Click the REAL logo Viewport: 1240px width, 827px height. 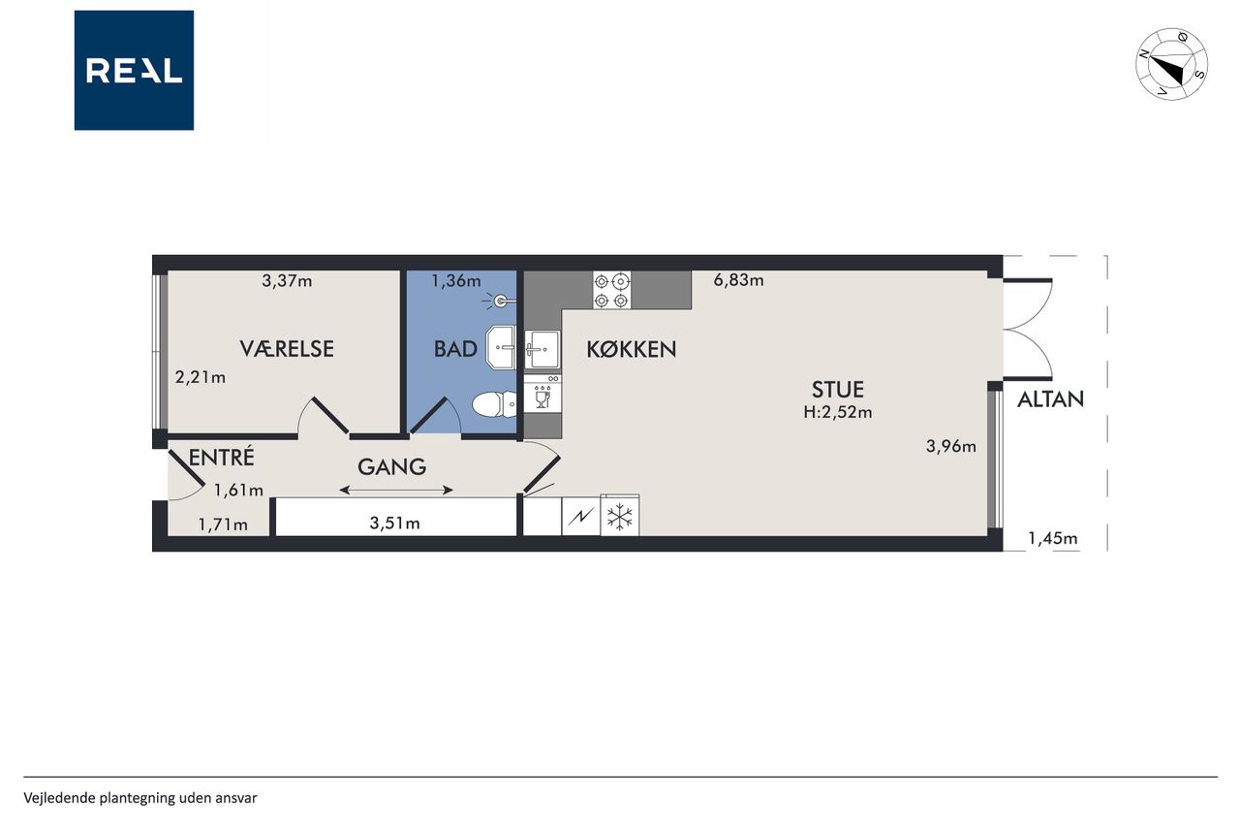pyautogui.click(x=134, y=71)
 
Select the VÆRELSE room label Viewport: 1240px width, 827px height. pyautogui.click(x=287, y=348)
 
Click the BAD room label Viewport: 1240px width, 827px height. pyautogui.click(x=455, y=349)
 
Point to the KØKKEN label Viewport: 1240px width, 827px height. pyautogui.click(x=631, y=349)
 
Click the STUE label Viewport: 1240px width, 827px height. pyautogui.click(x=838, y=390)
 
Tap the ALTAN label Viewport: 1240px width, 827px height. pyautogui.click(x=1050, y=399)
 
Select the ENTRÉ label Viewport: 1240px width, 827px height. pyautogui.click(x=222, y=457)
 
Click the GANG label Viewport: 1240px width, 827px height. pyautogui.click(x=392, y=467)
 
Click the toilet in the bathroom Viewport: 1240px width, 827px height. pyautogui.click(x=494, y=404)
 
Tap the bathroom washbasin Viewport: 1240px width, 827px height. pyautogui.click(x=501, y=348)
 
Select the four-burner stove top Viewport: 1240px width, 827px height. pyautogui.click(x=611, y=290)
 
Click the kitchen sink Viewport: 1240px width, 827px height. pyautogui.click(x=542, y=349)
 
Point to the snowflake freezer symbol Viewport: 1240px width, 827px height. pyautogui.click(x=620, y=516)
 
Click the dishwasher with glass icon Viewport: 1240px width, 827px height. pyautogui.click(x=542, y=394)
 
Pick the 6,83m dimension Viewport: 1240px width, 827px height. pyautogui.click(x=738, y=280)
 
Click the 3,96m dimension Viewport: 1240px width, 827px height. pyautogui.click(x=951, y=446)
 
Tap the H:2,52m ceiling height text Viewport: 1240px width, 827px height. pyautogui.click(x=838, y=412)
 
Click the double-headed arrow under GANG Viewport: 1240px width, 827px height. pyautogui.click(x=396, y=491)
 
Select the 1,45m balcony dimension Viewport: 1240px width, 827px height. pyautogui.click(x=1053, y=538)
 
